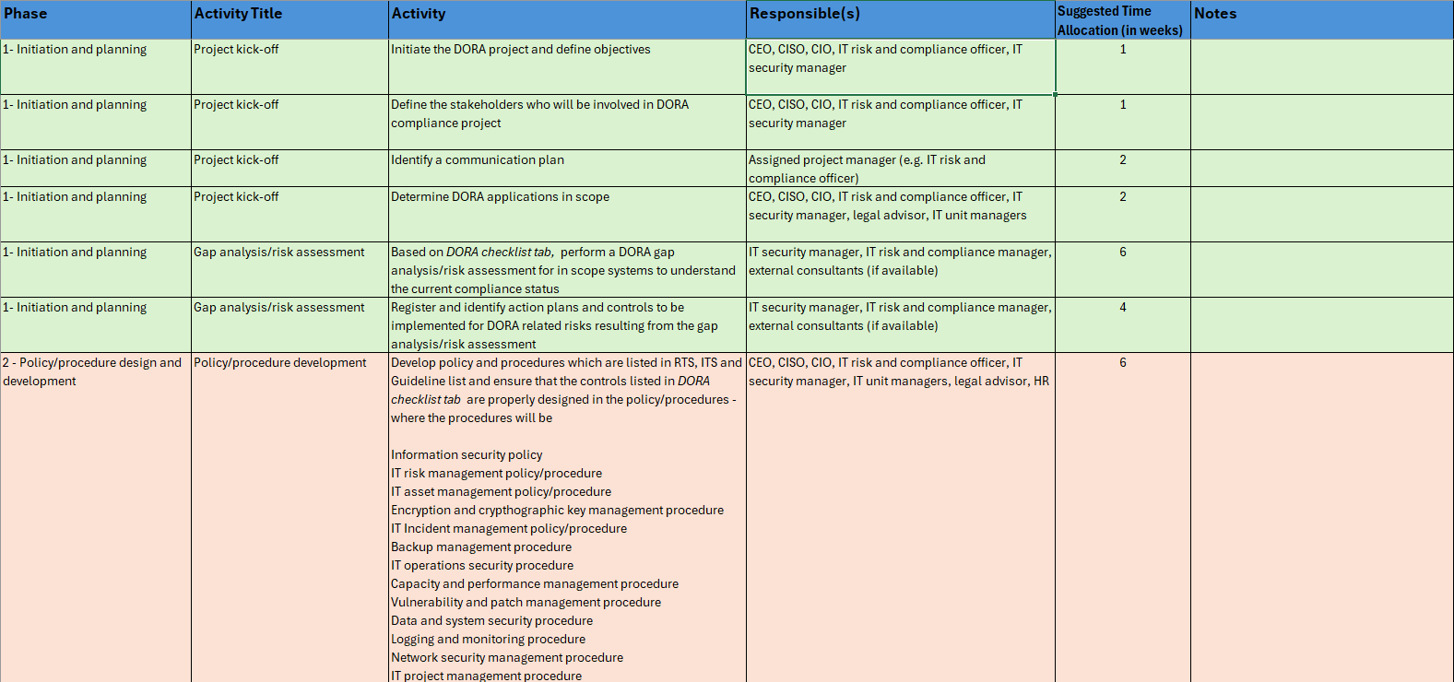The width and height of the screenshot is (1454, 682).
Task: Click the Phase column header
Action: click(x=26, y=14)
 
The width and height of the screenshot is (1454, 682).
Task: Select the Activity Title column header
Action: click(x=238, y=14)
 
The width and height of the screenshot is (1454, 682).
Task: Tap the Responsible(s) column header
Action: click(x=805, y=14)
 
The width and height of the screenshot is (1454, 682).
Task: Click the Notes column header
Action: click(x=1215, y=14)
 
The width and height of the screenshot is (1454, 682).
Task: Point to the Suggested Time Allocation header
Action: click(x=1120, y=20)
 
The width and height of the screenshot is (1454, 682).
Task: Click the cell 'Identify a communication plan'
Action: click(x=478, y=160)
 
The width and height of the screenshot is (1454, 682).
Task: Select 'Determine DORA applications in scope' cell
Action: click(x=500, y=197)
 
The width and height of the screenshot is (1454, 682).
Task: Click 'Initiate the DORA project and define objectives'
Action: click(x=521, y=50)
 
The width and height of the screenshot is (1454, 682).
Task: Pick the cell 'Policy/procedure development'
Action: click(x=280, y=363)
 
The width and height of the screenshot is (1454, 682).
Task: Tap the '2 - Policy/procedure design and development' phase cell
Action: click(x=92, y=372)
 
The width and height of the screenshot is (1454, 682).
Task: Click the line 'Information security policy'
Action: click(x=467, y=455)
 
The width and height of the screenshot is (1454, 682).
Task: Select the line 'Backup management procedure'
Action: click(x=481, y=547)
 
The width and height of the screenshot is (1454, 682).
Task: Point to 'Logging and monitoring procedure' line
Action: click(x=488, y=640)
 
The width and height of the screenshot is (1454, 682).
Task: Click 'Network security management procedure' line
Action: click(x=507, y=658)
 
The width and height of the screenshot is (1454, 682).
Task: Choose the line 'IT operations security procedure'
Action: click(x=482, y=566)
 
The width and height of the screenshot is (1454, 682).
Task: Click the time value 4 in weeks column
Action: click(x=1123, y=308)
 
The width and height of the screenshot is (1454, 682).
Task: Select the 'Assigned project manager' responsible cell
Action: click(x=867, y=169)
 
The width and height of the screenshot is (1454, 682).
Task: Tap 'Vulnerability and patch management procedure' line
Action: click(x=526, y=603)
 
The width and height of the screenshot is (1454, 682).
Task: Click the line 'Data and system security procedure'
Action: click(x=491, y=621)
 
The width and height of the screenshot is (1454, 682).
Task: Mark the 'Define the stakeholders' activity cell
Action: click(x=539, y=114)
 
